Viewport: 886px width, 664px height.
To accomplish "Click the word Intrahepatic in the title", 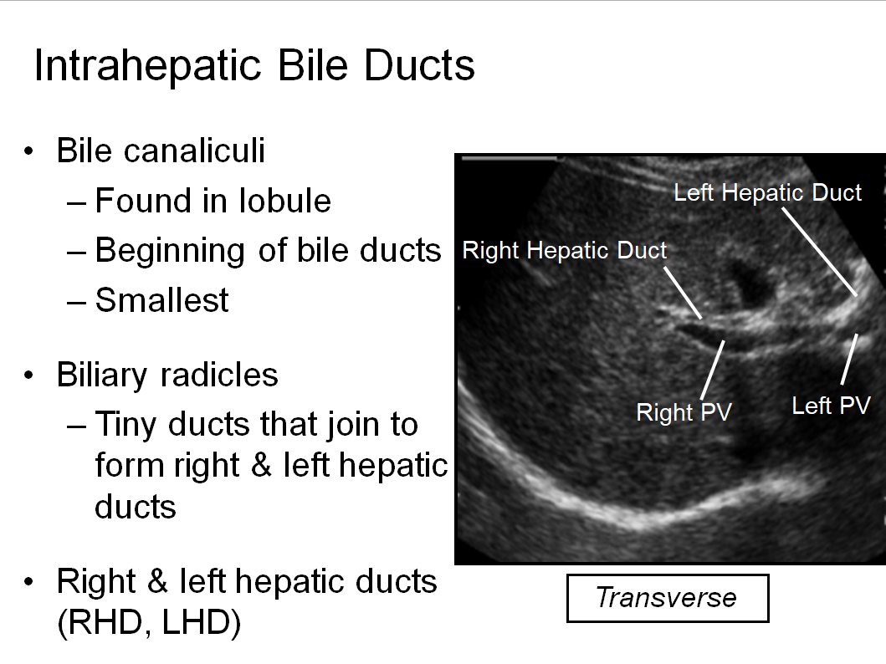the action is click(148, 66).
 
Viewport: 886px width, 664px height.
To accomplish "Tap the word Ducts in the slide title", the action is click(418, 65).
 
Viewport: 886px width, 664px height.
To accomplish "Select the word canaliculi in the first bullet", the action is click(194, 151).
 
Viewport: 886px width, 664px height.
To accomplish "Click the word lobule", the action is click(284, 201).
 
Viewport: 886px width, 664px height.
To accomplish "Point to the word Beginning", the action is click(170, 252).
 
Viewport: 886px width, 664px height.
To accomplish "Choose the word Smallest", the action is click(161, 300).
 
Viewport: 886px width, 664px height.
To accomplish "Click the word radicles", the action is click(219, 375).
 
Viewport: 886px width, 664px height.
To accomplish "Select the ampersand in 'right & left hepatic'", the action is click(261, 465).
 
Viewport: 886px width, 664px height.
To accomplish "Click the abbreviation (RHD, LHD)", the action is click(149, 623).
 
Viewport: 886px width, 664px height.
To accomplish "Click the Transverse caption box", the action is click(668, 598).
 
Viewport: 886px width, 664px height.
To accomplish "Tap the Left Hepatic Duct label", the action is click(767, 193).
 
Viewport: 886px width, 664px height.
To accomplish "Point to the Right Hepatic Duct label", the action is click(565, 251).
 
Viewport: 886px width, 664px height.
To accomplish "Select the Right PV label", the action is click(684, 412).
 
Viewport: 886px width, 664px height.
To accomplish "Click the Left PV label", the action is click(831, 406).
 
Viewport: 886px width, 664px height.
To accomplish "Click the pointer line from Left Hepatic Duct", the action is click(819, 252).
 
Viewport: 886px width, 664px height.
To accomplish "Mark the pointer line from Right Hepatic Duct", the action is click(683, 293).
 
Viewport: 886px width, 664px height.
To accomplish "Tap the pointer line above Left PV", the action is click(849, 359).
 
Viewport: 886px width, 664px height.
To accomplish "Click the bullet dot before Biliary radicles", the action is click(28, 375).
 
